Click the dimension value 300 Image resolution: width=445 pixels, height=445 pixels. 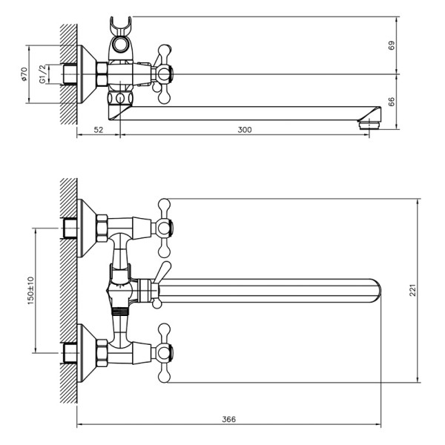click(x=245, y=130)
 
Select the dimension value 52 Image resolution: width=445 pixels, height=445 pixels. click(x=98, y=130)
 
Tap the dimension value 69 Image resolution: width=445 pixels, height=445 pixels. click(x=391, y=45)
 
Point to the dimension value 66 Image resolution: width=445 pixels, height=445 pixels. click(x=391, y=102)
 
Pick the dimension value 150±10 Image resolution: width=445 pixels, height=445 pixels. click(x=30, y=291)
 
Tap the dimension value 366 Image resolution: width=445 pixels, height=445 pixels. click(x=228, y=420)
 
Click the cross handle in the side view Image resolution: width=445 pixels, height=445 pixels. click(x=164, y=73)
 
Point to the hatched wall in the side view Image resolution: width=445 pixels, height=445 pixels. click(x=69, y=74)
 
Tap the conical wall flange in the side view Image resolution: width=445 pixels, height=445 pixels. click(x=88, y=74)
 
